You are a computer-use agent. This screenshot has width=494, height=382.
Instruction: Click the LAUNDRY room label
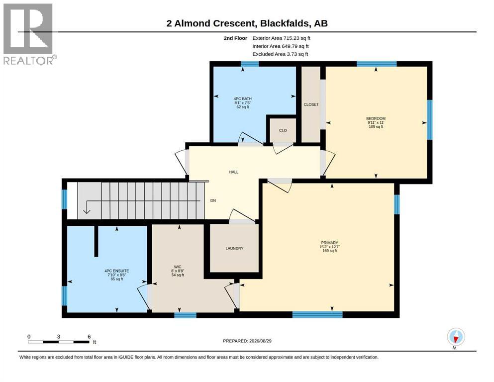pyautogui.click(x=234, y=248)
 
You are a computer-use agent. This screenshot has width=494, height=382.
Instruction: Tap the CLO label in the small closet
pyautogui.click(x=283, y=130)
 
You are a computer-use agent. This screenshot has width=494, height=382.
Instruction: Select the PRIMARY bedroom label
pyautogui.click(x=329, y=243)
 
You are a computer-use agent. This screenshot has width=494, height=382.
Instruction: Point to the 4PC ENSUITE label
pyautogui.click(x=117, y=271)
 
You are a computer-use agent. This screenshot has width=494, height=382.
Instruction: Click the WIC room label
pyautogui.click(x=178, y=267)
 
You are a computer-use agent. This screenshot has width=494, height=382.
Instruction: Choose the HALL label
pyautogui.click(x=234, y=172)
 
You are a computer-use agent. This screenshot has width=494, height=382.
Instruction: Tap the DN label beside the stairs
pyautogui.click(x=213, y=200)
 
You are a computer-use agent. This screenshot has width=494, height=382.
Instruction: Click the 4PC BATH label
pyautogui.click(x=243, y=98)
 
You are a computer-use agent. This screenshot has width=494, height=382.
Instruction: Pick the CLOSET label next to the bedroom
pyautogui.click(x=311, y=104)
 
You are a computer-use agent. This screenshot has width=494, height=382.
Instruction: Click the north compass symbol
pyautogui.click(x=456, y=337)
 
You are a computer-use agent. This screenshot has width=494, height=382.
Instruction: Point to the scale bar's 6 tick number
pyautogui.click(x=89, y=336)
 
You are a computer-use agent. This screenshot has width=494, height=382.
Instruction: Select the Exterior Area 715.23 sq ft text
pyautogui.click(x=282, y=38)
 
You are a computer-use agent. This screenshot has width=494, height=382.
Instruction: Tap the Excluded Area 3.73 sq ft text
pyautogui.click(x=280, y=54)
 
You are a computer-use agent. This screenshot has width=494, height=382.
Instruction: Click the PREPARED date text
pyautogui.click(x=247, y=341)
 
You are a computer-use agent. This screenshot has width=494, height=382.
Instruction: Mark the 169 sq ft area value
pyautogui.click(x=329, y=251)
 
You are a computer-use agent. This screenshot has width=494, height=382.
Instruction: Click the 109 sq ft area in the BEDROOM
pyautogui.click(x=376, y=127)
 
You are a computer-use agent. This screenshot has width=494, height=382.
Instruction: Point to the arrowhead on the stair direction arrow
pyautogui.click(x=87, y=211)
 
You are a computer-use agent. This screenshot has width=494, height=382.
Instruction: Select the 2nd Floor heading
pyautogui.click(x=235, y=38)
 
